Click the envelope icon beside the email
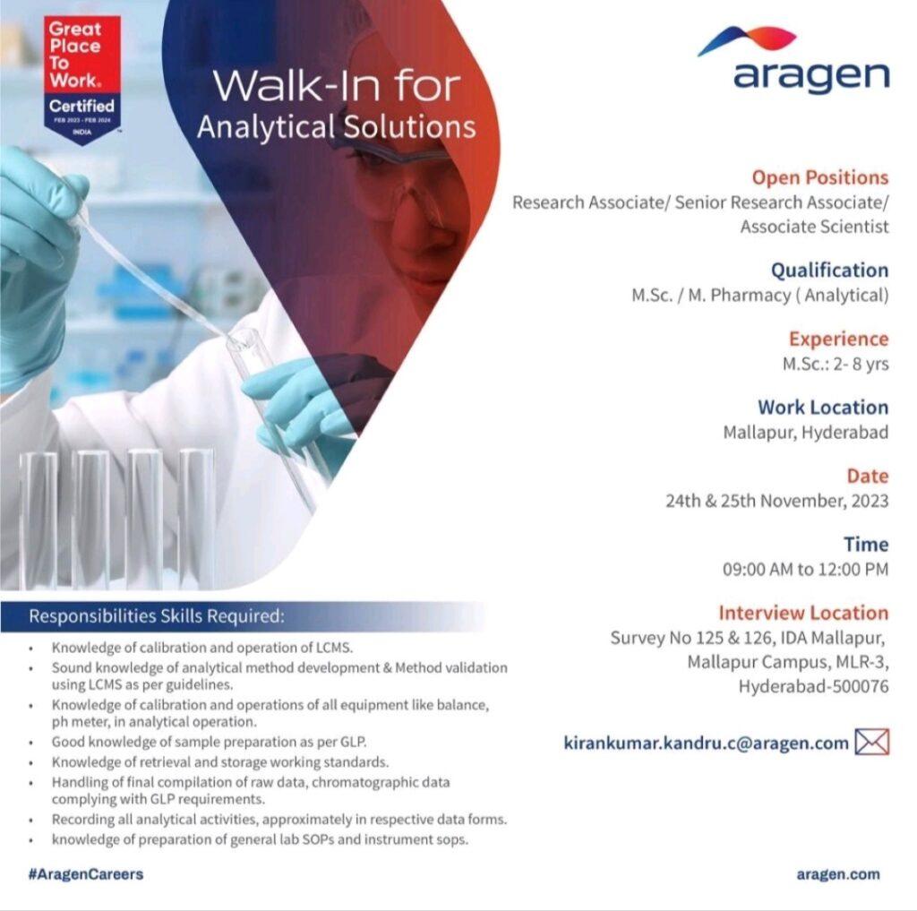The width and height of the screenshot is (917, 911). click(x=872, y=742)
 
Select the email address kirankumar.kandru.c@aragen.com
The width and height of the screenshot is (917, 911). click(x=706, y=743)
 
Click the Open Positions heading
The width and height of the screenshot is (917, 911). click(x=820, y=177)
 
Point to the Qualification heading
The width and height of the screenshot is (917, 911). click(x=829, y=270)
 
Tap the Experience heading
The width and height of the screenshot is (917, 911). click(x=838, y=339)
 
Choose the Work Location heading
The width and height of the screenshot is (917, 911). click(x=823, y=408)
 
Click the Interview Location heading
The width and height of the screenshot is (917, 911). click(x=803, y=613)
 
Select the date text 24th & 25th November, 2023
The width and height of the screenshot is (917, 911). click(x=776, y=501)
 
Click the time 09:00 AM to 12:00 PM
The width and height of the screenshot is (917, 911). click(x=805, y=569)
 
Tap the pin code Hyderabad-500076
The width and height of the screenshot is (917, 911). click(x=813, y=686)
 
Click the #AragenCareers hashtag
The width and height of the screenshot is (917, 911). click(x=85, y=874)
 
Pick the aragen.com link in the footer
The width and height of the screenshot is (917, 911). click(x=838, y=874)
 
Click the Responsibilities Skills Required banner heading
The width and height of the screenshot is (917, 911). click(x=157, y=616)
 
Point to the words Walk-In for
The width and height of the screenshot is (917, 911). click(x=337, y=87)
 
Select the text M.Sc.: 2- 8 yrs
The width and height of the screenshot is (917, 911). click(x=836, y=364)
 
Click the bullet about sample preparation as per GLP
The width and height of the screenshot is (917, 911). click(x=209, y=742)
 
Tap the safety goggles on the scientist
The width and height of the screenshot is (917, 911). click(x=404, y=187)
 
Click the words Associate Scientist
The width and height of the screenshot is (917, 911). click(x=814, y=227)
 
